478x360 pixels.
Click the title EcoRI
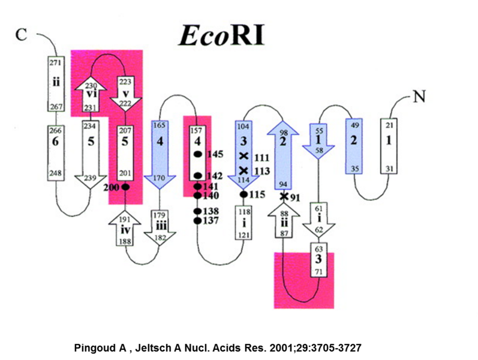pos(221,35)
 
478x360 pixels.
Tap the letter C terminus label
pos(22,35)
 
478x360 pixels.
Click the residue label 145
pos(215,154)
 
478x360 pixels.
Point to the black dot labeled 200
pos(126,187)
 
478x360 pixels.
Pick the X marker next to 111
pos(243,157)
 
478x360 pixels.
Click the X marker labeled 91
pos(285,196)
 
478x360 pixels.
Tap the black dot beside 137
pos(197,221)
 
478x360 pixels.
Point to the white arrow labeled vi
pos(91,94)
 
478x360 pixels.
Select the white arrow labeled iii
pos(160,226)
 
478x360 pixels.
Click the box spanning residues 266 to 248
pos(56,152)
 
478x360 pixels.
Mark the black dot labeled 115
pos(243,194)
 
